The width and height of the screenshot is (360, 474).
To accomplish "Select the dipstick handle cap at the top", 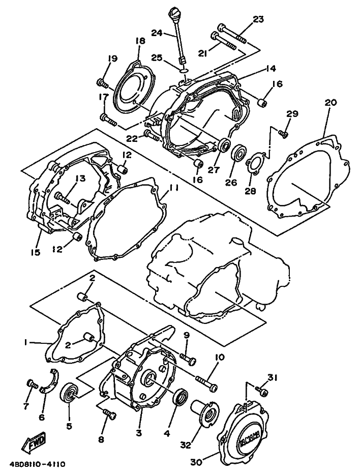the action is click(172, 13).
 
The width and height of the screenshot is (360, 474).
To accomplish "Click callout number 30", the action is click(197, 462).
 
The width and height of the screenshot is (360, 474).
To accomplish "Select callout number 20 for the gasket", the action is click(330, 102).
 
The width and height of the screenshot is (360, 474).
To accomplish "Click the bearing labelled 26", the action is click(239, 153).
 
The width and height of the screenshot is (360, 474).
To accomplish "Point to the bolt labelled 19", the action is click(103, 82).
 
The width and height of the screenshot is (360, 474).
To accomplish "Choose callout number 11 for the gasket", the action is click(173, 188).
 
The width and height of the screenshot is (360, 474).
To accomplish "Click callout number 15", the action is click(36, 252).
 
